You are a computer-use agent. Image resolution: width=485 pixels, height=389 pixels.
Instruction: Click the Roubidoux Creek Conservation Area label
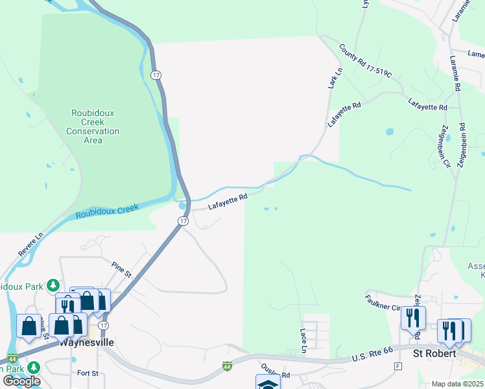93,126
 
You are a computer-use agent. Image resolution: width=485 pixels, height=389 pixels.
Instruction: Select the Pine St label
121,269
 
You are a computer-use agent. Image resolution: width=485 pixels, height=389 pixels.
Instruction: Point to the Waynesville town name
87,342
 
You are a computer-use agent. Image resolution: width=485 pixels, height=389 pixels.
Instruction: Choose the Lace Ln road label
303,340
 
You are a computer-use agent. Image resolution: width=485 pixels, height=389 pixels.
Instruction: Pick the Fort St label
88,373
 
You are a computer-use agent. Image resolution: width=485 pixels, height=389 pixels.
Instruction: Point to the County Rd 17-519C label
365,61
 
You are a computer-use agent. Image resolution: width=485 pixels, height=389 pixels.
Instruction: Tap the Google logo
22,381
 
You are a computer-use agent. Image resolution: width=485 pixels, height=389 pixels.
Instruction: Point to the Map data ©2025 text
457,384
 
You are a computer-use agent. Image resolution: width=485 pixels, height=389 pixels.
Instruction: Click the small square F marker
397,366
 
